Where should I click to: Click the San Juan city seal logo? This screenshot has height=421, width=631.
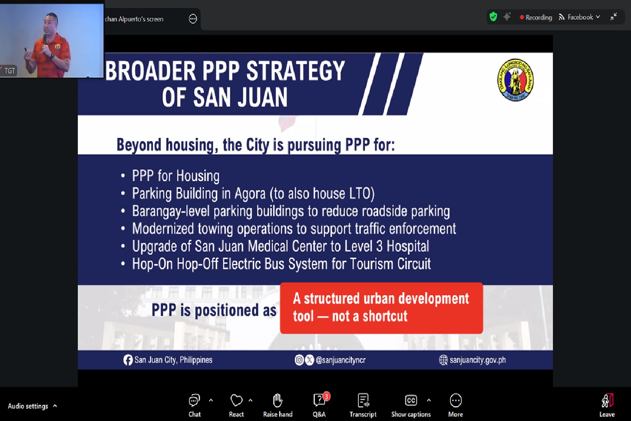click(515, 80)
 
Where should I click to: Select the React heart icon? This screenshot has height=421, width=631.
click(236, 400)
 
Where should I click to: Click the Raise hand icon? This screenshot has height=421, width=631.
click(278, 400)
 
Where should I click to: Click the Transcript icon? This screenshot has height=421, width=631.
click(363, 400)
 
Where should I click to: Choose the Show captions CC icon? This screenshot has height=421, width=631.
click(411, 400)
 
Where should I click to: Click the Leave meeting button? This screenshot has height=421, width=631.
click(607, 405)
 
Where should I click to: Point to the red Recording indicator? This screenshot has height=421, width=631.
click(536, 18)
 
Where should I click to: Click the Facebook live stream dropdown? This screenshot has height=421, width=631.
click(579, 17)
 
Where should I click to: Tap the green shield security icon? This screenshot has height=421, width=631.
click(493, 17)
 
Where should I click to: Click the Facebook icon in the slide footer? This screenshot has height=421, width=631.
click(127, 360)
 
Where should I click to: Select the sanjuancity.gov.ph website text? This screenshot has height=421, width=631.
click(477, 360)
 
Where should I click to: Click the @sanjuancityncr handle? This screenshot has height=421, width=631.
click(341, 360)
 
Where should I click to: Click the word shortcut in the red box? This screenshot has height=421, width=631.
click(385, 316)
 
